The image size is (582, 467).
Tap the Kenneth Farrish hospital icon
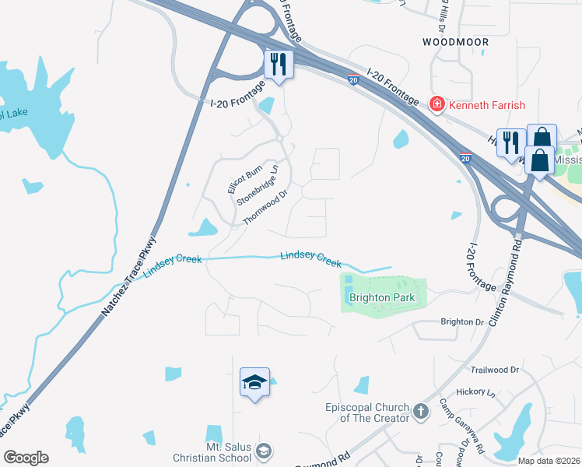tap(437, 104)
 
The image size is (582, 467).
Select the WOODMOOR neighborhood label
tap(455, 40)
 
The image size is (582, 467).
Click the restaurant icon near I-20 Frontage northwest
tap(278, 63)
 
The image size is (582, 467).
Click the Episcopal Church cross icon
tap(421, 410)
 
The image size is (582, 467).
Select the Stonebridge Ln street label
tap(258, 184)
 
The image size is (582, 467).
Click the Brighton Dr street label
tap(462, 321)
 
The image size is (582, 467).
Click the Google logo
tap(26, 458)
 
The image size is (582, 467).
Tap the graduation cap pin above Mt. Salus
tap(254, 382)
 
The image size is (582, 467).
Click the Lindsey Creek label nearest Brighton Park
tap(310, 258)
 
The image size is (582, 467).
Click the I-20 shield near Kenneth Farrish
tap(466, 158)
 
